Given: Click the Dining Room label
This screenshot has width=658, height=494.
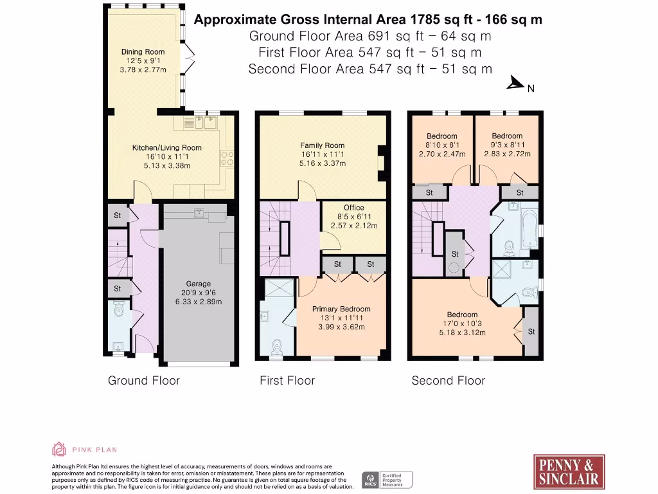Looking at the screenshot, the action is [143, 51].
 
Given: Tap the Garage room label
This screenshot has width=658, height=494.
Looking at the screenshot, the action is [199, 284].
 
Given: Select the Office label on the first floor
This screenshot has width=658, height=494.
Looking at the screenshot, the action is [354, 208].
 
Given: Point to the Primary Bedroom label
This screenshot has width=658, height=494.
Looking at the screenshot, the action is [341, 309].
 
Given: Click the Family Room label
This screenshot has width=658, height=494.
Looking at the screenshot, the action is [323, 145].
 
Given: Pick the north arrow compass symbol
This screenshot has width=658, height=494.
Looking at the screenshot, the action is [516, 83].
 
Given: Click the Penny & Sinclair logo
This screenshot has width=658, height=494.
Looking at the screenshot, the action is [569, 471].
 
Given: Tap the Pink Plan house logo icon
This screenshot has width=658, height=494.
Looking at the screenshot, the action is [58, 449].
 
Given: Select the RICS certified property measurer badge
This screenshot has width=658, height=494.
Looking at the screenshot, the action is [387, 480].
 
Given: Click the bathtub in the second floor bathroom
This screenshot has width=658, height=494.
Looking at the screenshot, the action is [529, 230].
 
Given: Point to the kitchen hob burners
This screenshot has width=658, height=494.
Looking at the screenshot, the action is [227, 158].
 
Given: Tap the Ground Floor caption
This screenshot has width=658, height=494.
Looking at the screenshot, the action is [144, 381].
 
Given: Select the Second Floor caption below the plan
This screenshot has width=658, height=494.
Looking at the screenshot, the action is [448, 381].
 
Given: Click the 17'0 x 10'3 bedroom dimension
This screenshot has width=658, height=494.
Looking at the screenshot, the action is [462, 324].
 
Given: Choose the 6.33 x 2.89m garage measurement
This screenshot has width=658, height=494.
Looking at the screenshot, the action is [199, 302].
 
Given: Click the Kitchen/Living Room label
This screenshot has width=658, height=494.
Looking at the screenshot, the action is [167, 147].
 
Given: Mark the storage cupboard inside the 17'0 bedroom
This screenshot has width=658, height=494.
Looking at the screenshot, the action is [531, 331].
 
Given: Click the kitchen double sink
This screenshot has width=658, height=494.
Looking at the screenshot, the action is [200, 122].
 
